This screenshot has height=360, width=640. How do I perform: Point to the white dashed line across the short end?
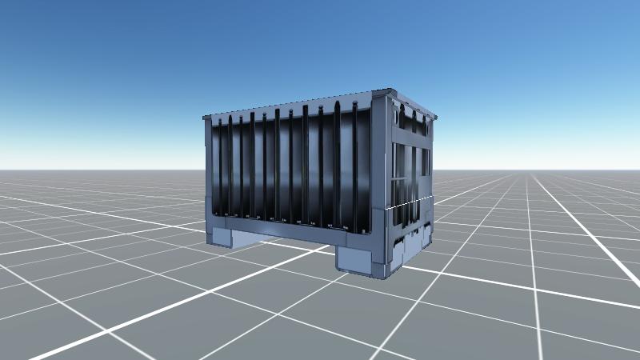click(410, 202)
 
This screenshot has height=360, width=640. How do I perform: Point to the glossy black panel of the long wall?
click(288, 168)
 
